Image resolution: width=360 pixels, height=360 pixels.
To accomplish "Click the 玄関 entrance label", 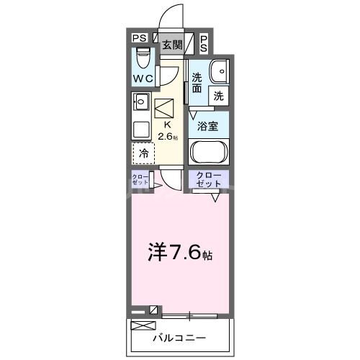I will (x=172, y=45).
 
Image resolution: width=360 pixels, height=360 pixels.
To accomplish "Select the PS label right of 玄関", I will (x=204, y=43).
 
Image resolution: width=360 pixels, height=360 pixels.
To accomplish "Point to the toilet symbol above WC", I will (x=143, y=56).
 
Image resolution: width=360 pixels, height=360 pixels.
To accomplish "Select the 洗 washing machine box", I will (x=217, y=94).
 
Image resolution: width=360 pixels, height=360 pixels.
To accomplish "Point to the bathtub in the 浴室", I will (x=208, y=152).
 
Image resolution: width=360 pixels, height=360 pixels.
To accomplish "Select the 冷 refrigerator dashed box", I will (x=143, y=153).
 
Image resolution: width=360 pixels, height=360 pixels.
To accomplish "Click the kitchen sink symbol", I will (x=141, y=101).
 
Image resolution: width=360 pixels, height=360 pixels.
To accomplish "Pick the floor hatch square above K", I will (x=165, y=107).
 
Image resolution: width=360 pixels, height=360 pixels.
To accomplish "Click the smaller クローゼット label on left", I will (x=140, y=179).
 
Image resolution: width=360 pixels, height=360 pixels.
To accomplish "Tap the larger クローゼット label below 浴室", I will (x=208, y=179).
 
